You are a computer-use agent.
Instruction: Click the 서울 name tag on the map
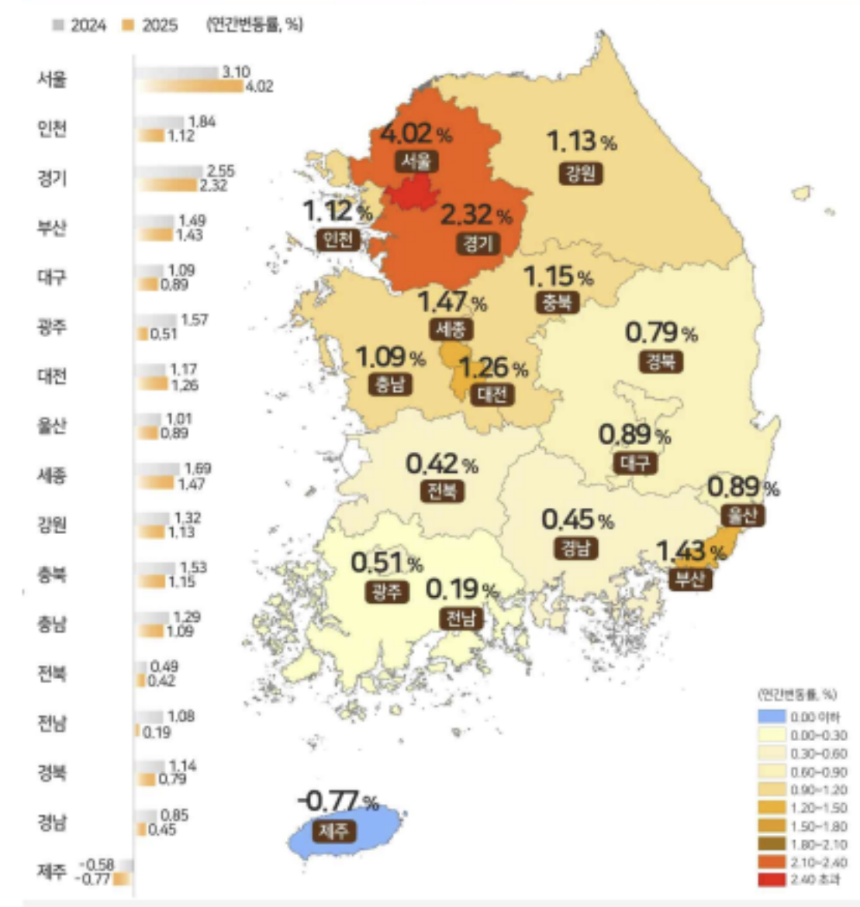[416, 161]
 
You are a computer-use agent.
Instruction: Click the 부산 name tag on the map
[689, 579]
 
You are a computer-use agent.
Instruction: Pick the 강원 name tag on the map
[580, 172]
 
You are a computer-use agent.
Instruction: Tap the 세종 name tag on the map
[450, 329]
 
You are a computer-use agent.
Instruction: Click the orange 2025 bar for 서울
[190, 86]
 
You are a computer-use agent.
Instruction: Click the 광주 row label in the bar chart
[52, 326]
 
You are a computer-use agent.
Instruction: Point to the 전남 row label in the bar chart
[52, 722]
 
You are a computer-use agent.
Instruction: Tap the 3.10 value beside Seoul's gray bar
[236, 72]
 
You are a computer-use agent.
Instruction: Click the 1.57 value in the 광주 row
[194, 320]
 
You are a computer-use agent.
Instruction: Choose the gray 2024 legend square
[58, 26]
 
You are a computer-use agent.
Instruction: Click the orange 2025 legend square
[128, 26]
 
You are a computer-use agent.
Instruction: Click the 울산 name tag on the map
[742, 515]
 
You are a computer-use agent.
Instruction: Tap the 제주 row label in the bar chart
[52, 871]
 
